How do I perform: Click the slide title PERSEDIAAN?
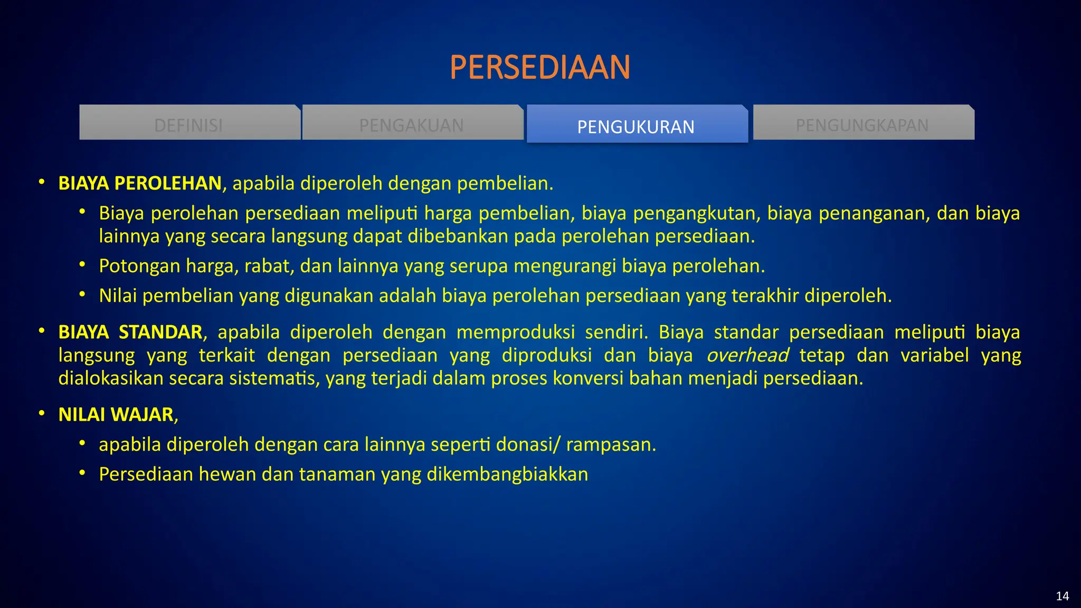[x=540, y=68]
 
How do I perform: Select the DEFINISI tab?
[x=189, y=125]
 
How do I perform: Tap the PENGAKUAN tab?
[x=412, y=125]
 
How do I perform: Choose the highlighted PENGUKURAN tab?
[x=636, y=127]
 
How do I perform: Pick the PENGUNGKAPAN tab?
[x=862, y=125]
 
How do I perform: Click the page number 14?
[x=1062, y=596]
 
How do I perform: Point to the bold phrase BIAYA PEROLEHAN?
[x=140, y=183]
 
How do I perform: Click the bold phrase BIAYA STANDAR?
[x=130, y=332]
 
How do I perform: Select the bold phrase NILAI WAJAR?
[x=116, y=414]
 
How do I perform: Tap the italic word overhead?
[x=747, y=355]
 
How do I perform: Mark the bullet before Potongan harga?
[x=82, y=264]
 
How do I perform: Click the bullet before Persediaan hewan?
[x=82, y=472]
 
